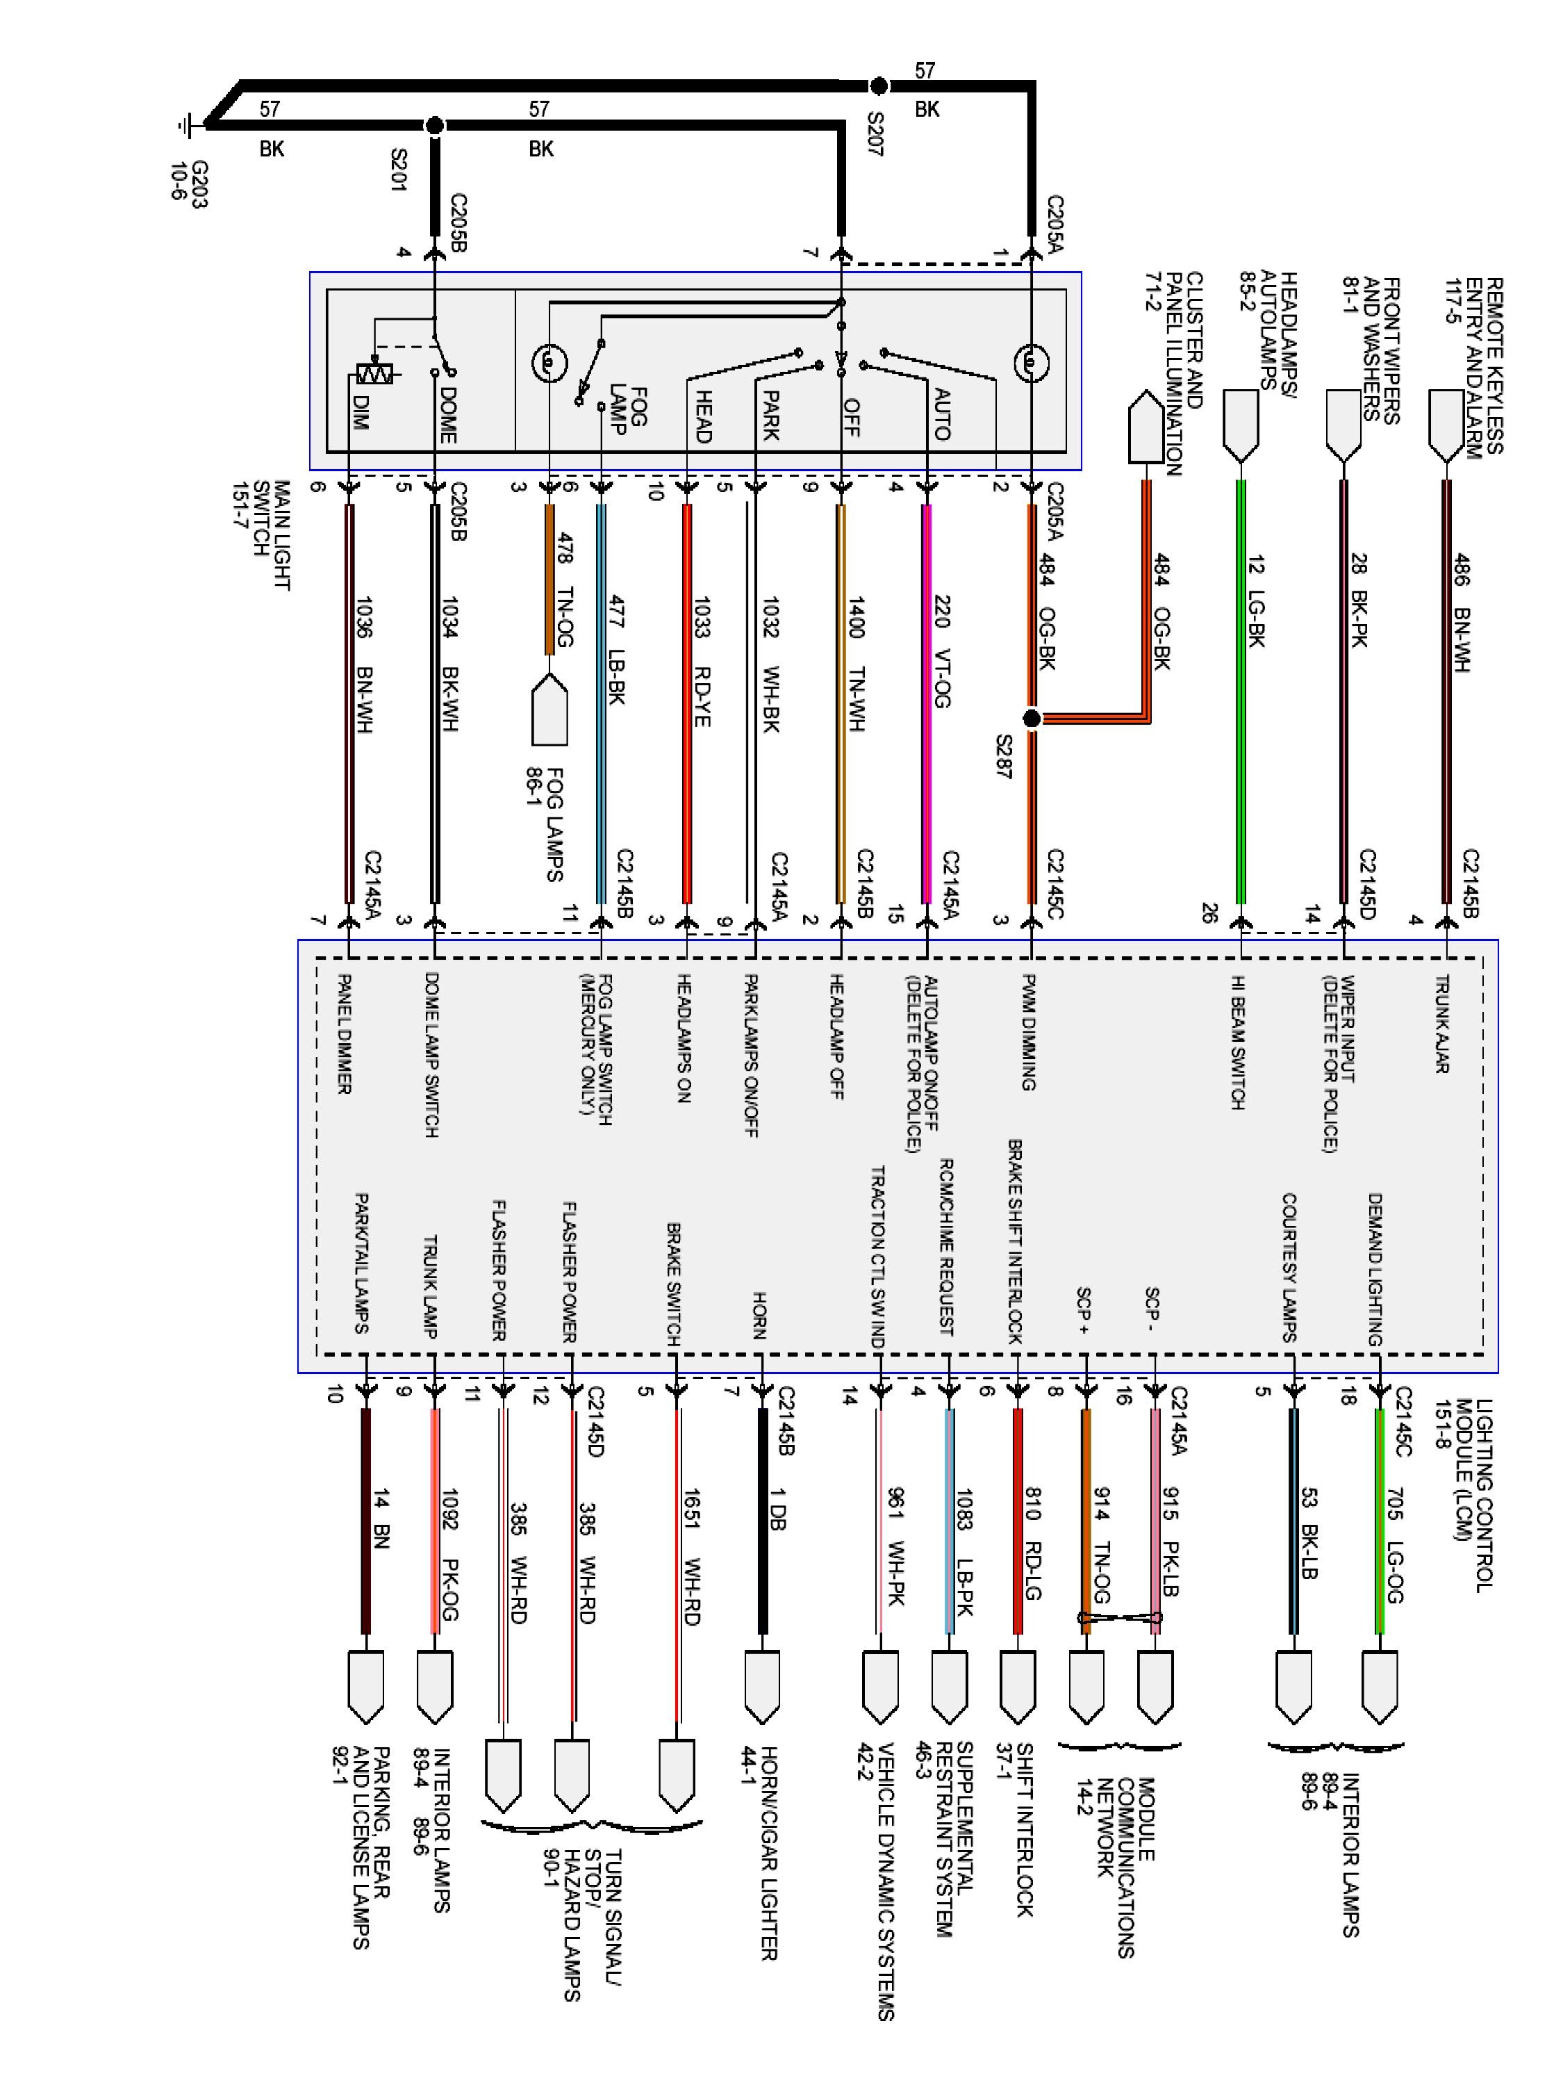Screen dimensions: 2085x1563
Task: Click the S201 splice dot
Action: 434,125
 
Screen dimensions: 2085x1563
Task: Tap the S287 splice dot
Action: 1032,718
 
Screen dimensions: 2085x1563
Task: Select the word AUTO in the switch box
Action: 941,415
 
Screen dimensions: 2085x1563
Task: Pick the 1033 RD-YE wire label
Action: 702,660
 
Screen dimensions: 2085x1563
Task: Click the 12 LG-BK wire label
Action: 1256,601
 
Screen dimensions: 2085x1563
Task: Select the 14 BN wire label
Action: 381,1519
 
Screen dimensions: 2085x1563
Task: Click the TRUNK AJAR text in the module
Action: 1441,1024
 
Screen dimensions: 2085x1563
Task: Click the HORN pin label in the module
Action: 759,1315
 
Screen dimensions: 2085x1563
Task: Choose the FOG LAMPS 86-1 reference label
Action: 547,825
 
